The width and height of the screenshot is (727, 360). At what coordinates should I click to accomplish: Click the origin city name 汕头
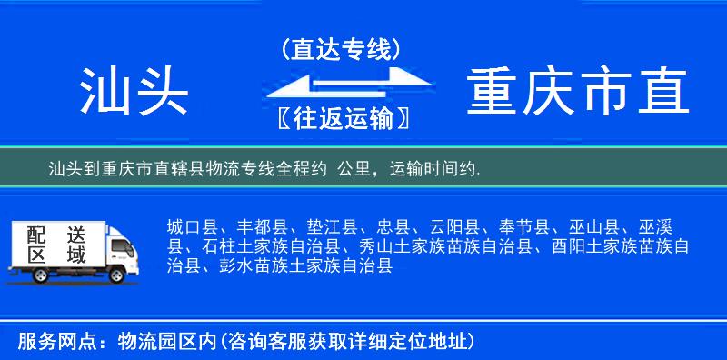[134, 91]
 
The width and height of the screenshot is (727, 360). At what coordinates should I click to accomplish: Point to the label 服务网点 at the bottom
[47, 341]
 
